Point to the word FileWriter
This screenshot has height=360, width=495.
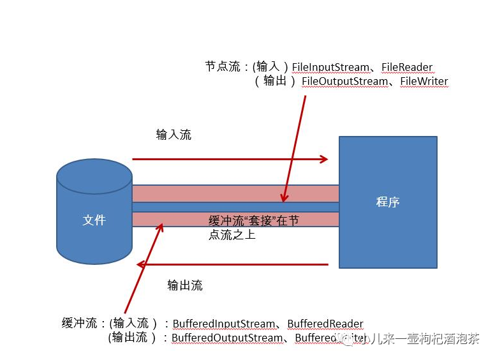pos(424,82)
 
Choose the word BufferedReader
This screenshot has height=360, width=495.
pos(325,324)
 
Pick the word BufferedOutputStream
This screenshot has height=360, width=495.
pos(227,338)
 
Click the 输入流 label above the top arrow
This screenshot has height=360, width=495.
pos(174,135)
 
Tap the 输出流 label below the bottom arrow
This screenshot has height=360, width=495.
pos(185,285)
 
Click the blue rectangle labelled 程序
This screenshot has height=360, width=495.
pos(387,202)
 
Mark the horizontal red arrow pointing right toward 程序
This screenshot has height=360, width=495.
pos(230,159)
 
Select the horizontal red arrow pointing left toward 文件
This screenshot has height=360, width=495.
pos(233,264)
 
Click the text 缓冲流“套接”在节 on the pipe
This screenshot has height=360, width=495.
pos(254,221)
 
